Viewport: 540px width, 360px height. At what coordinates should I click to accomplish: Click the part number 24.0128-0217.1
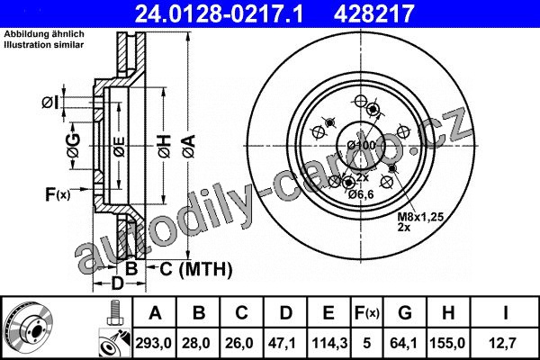[219, 13]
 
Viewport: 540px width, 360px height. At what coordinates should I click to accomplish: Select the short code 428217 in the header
[373, 13]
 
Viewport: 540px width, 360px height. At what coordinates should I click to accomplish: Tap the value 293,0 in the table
[154, 343]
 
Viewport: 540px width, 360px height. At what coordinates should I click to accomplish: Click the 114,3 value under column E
[329, 343]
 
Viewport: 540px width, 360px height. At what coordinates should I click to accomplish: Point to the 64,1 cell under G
[405, 343]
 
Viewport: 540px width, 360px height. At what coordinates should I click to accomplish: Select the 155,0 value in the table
[447, 343]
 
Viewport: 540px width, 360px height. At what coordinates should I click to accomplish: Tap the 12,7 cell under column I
[504, 343]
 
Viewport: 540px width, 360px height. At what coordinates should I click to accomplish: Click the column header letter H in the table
[447, 313]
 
